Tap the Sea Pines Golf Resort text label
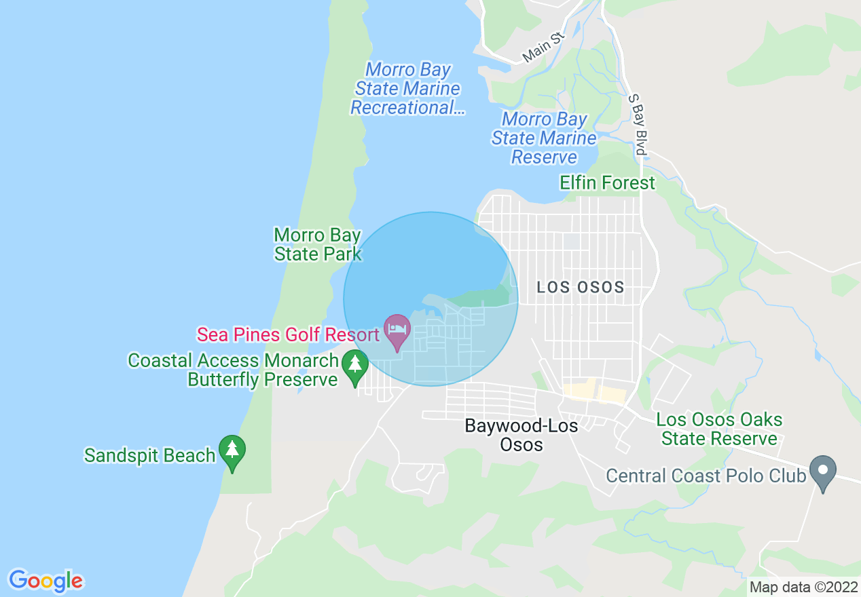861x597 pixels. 288,334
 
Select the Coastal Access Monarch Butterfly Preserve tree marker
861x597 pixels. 354,365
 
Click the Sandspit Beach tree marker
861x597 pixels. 232,451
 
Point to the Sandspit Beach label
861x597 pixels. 149,455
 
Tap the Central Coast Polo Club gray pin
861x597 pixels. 823,471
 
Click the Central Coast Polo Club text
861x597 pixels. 706,476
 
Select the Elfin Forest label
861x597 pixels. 608,183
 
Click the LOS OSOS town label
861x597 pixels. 581,287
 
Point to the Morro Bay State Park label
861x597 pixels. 318,245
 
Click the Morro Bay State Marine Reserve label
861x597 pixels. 544,138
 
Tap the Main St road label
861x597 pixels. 544,47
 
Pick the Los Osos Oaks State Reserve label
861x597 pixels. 719,429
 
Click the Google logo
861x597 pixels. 46,581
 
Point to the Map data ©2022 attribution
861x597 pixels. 803,588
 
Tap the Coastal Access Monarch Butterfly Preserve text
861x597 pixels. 233,370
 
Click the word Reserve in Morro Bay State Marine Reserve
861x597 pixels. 544,157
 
